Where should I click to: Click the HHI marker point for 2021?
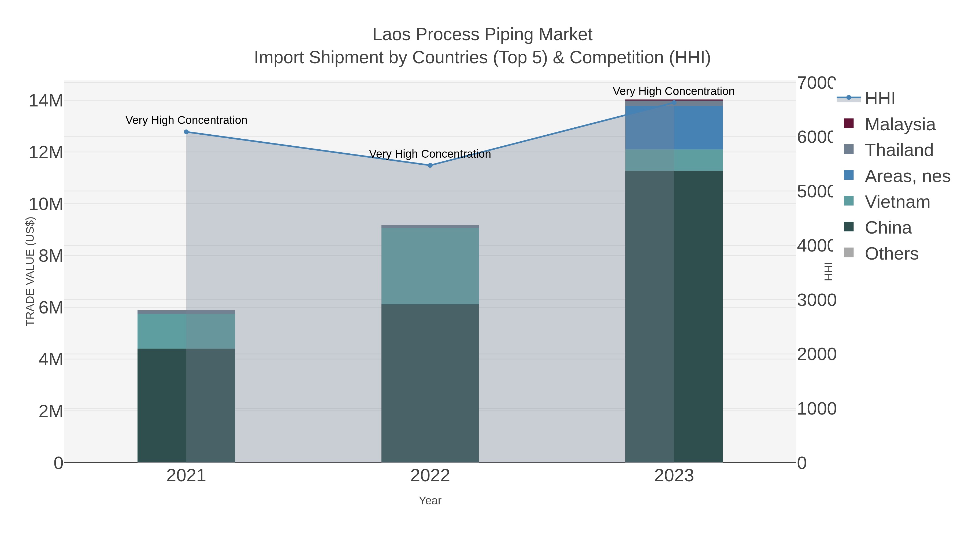[186, 132]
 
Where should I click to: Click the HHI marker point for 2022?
[430, 165]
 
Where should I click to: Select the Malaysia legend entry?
[899, 124]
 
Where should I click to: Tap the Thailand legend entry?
[899, 150]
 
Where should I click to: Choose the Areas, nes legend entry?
[907, 176]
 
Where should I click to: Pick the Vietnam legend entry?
[897, 202]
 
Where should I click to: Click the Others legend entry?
[891, 254]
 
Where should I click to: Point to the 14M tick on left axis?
[46, 101]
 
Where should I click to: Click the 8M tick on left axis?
[51, 256]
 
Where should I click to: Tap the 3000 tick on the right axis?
[816, 300]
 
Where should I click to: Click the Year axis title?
[430, 501]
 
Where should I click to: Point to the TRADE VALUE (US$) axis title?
[30, 272]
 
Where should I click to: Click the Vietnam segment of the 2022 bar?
[430, 266]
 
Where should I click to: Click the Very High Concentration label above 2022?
[430, 154]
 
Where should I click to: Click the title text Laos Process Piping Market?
[482, 35]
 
